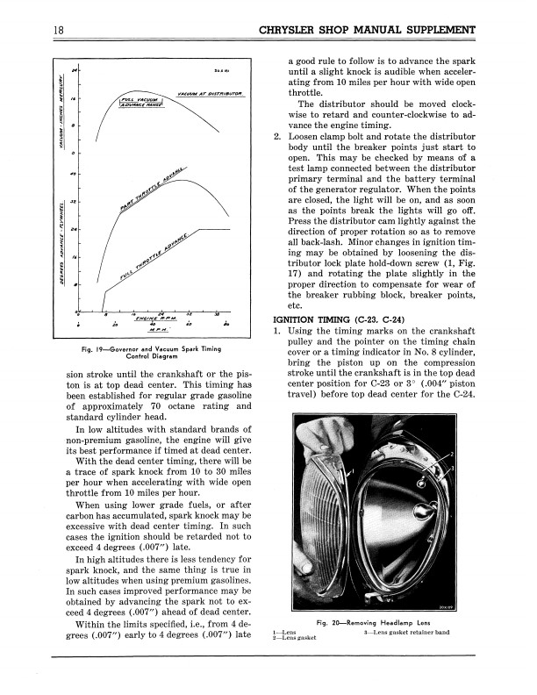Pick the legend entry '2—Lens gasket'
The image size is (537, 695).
click(295, 640)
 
